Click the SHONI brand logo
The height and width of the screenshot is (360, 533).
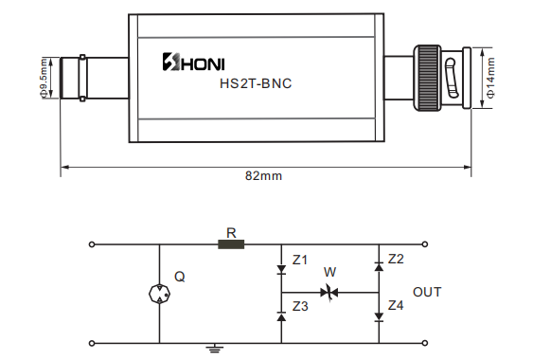click(193, 62)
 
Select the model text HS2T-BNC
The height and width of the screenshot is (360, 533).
click(256, 83)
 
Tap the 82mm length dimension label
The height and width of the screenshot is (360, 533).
click(264, 176)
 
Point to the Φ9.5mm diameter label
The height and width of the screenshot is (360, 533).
click(44, 79)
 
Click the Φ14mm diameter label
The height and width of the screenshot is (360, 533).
click(490, 78)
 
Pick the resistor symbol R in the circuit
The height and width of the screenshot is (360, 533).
click(231, 244)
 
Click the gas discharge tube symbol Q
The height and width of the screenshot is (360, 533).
click(159, 294)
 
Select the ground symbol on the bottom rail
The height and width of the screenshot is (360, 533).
click(215, 348)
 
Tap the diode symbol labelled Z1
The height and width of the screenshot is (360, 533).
click(281, 270)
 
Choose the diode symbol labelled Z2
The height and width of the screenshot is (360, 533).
click(379, 266)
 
